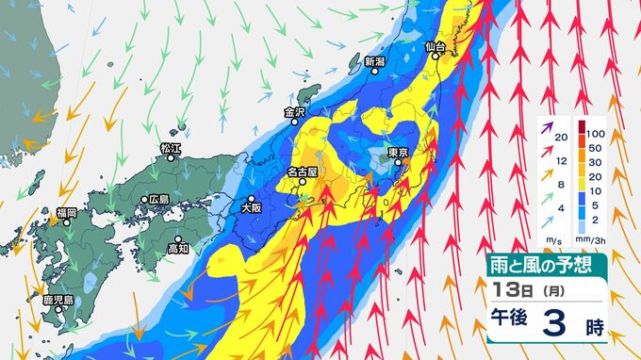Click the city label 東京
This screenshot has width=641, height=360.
(397, 153)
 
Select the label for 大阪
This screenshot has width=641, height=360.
(250, 205)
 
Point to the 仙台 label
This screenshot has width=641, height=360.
(435, 45)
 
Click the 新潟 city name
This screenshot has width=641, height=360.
(375, 62)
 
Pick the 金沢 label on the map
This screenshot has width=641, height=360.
(295, 112)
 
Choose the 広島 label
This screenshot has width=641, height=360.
(158, 200)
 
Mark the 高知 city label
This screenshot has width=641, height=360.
(179, 249)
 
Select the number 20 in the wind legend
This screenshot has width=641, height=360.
(562, 139)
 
